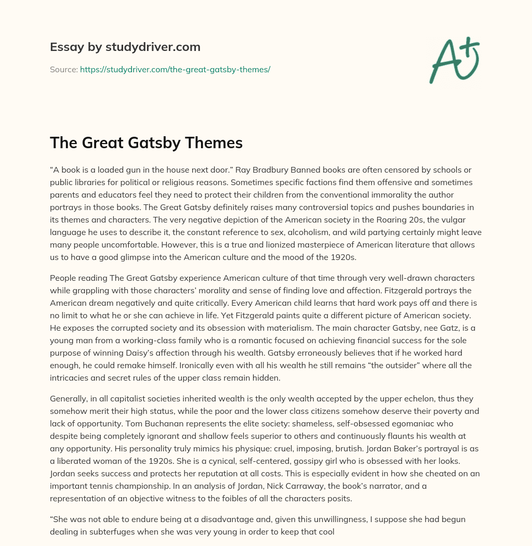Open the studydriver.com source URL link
175,69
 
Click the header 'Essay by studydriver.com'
125,47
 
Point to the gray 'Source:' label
63,69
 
